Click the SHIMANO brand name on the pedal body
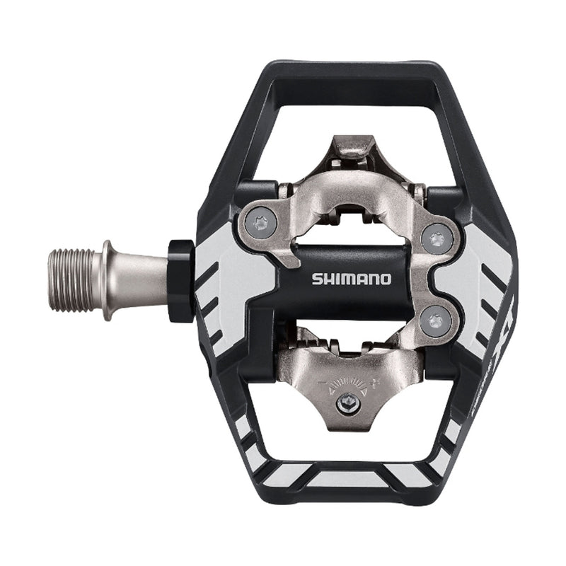[x=352, y=278]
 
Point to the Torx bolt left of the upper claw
[x=261, y=224]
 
